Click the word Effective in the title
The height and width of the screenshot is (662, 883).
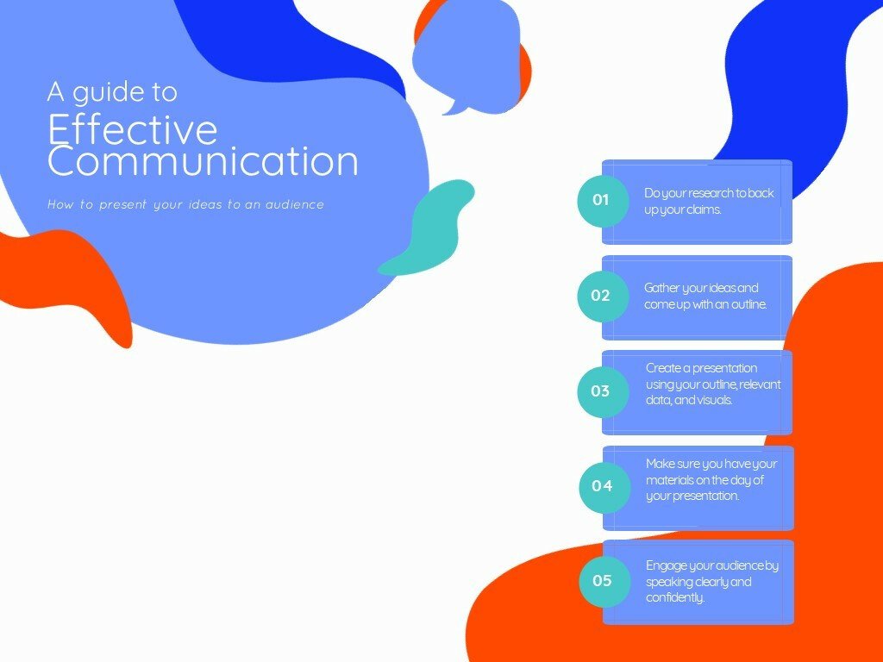pyautogui.click(x=132, y=129)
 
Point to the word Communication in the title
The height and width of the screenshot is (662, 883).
pyautogui.click(x=203, y=161)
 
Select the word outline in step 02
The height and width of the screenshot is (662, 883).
pyautogui.click(x=749, y=304)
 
